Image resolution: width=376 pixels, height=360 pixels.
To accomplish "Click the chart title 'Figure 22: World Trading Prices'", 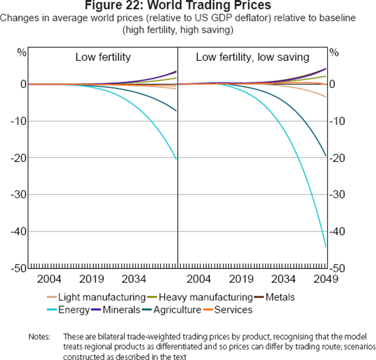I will (x=187, y=6).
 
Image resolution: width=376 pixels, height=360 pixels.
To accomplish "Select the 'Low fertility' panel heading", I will (x=103, y=58).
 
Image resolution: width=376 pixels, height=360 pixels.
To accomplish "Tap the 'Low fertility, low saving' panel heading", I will (x=253, y=58).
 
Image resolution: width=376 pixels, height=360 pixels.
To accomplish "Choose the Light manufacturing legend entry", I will (x=94, y=297).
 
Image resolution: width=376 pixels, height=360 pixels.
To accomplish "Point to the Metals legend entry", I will (x=279, y=297).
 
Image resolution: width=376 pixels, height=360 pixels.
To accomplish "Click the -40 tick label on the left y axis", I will (x=18, y=231).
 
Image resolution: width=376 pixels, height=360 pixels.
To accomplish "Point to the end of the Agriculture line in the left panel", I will (x=177, y=111).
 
